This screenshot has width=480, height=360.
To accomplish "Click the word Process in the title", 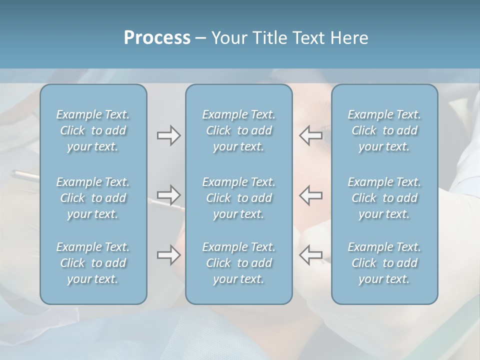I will (x=157, y=37).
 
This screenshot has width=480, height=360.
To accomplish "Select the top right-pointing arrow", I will (x=168, y=135).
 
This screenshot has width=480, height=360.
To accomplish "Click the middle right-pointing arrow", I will (x=168, y=194).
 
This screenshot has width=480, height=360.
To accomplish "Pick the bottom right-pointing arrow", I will (x=168, y=255).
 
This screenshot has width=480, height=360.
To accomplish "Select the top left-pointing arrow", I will (x=310, y=135).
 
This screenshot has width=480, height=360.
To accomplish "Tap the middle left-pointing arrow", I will (x=310, y=194).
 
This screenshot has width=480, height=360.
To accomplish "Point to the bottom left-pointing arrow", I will (x=310, y=255).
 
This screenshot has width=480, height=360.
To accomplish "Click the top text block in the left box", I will (x=93, y=130).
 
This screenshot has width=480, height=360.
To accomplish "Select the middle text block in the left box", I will (x=93, y=198).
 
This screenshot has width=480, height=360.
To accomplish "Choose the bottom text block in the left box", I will (x=93, y=263).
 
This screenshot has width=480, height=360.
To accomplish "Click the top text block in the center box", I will (x=239, y=130).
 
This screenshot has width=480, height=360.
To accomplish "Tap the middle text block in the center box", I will (x=239, y=198).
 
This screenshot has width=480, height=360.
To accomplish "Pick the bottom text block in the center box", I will (x=239, y=263).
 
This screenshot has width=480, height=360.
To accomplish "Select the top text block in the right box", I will (x=384, y=130).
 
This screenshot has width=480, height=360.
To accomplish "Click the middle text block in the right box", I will (x=384, y=198).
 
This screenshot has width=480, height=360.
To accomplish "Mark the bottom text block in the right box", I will (x=384, y=263).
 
